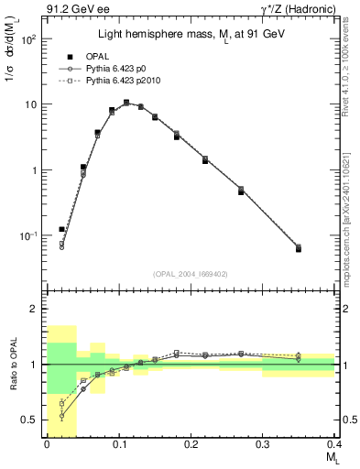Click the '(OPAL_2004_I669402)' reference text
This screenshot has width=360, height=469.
coord(191,272)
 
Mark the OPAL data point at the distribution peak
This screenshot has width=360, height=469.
coord(126,103)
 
